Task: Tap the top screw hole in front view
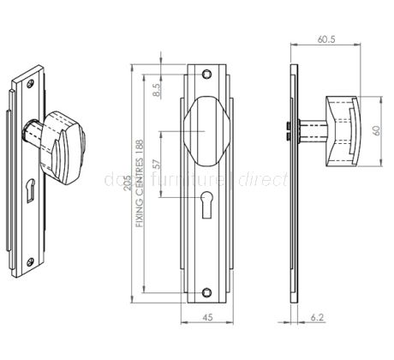pos(206,73)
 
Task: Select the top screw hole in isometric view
pos(32,84)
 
